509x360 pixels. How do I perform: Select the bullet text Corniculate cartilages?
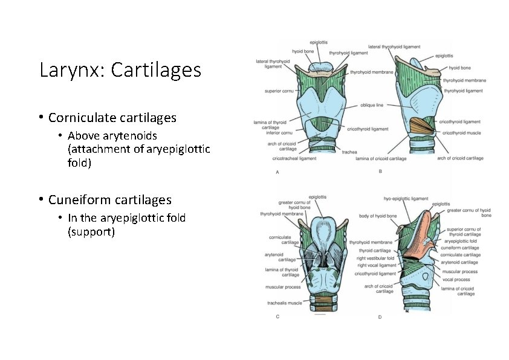tap(112, 117)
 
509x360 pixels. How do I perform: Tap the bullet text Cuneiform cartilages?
tap(109, 199)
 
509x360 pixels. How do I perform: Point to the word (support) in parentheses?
tap(91, 231)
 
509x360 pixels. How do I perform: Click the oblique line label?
tap(372, 104)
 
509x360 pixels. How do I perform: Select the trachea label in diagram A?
tap(349, 152)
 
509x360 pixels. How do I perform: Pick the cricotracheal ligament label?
tap(294, 158)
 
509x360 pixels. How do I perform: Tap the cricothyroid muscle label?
tap(462, 132)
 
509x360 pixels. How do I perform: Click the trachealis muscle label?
tap(284, 303)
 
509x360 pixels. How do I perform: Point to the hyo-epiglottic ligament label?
tap(406, 198)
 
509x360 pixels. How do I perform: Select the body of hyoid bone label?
tap(378, 216)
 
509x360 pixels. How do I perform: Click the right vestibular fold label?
tap(375, 258)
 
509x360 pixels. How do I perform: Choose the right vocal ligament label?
tap(377, 265)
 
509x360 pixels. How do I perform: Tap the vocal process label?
tap(456, 280)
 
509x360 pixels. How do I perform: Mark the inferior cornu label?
tap(279, 132)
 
